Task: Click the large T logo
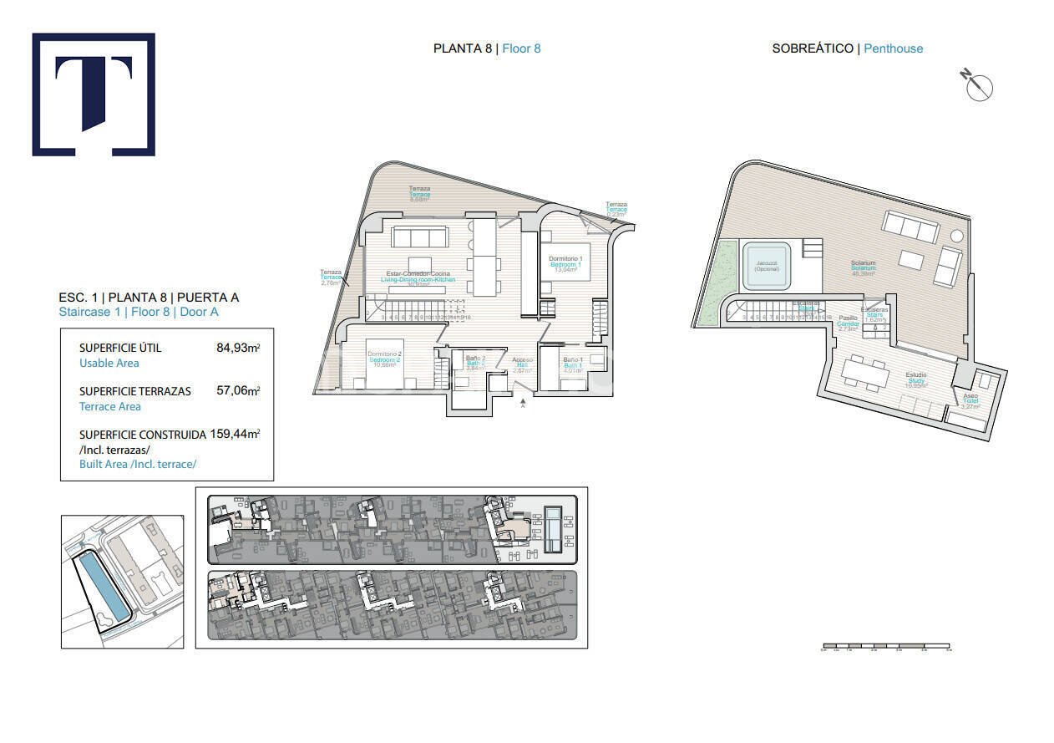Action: [94, 94]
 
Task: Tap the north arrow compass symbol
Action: [977, 85]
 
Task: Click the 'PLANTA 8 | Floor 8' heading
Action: [487, 48]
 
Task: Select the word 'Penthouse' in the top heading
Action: [893, 48]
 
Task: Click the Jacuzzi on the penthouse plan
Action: [767, 266]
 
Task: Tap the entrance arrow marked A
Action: [523, 404]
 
